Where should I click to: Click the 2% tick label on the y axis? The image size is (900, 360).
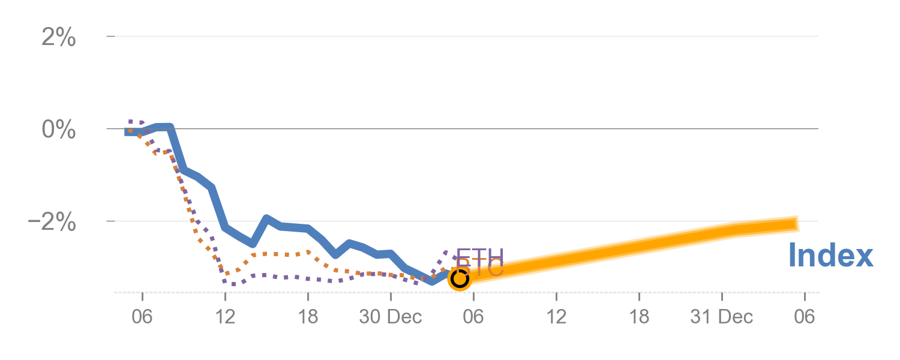coord(59,38)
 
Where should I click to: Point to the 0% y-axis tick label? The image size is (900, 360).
coord(59,130)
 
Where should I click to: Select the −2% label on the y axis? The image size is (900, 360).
coord(52,223)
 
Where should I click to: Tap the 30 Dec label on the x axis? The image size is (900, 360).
coord(391,317)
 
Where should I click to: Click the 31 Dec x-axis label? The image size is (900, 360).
coord(721,317)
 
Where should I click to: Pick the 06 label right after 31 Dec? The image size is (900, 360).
coord(805,317)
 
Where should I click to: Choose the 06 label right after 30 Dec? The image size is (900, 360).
coord(473,317)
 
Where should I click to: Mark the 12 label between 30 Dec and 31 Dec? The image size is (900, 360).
coord(556,317)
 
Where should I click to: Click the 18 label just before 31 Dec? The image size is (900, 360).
coord(639,317)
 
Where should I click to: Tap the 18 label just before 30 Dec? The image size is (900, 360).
coord(308,317)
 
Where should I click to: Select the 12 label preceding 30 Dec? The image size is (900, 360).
coord(225,317)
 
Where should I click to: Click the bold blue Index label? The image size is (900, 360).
coord(830,256)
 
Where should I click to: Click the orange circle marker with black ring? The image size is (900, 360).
coord(460,278)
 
